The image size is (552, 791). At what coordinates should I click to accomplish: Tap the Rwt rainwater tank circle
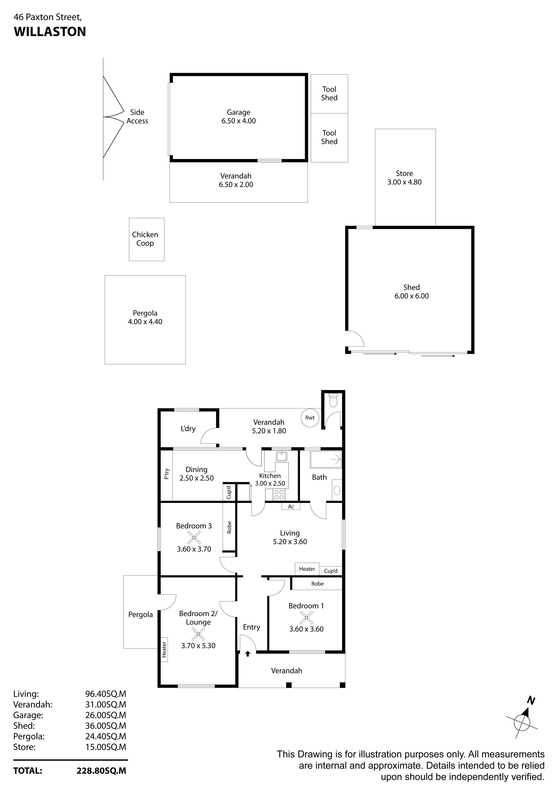pos(310,418)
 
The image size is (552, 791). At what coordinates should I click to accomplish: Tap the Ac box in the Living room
pos(291,506)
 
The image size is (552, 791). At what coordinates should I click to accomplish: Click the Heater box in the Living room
pos(307,569)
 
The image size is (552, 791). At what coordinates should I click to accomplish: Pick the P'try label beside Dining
pos(167,474)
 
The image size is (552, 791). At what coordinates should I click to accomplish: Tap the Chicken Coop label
pos(145,239)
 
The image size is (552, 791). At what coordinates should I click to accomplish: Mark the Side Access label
pos(137,117)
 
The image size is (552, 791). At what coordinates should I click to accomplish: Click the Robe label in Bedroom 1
pos(318,584)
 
